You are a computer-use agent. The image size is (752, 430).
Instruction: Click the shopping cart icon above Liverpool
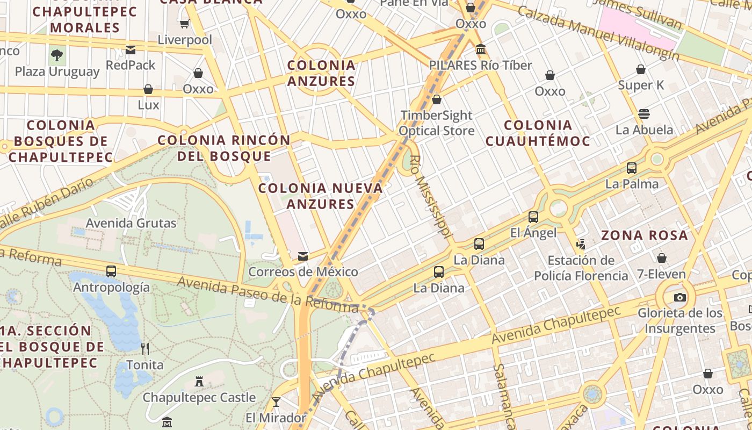pos(185,24)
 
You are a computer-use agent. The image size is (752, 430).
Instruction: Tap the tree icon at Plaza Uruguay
pos(57,55)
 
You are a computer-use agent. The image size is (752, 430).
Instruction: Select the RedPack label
pos(131,65)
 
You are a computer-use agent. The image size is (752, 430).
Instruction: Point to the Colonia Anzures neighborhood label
pos(321,73)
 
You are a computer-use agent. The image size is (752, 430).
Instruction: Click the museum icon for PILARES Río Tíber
pos(481,49)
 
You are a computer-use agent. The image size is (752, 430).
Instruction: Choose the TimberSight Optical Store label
pos(436,123)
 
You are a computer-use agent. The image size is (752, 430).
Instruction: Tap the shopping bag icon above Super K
pos(640,69)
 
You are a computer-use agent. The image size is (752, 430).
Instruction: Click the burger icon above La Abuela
pos(643,114)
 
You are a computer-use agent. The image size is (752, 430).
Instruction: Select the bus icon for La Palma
pos(632,168)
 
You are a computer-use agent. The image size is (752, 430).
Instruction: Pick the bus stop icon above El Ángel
pos(533,217)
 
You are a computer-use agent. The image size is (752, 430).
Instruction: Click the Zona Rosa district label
pos(644,235)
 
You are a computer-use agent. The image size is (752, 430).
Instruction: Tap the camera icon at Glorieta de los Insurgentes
pos(679,297)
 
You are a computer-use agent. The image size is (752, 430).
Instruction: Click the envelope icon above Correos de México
pos(303,256)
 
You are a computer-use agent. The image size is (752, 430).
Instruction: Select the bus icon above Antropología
pos(111,271)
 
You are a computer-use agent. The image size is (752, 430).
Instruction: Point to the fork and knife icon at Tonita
pos(144,349)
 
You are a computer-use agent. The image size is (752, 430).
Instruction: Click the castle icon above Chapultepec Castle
pos(199,382)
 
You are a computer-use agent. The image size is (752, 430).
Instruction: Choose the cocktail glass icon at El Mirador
pos(276,402)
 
